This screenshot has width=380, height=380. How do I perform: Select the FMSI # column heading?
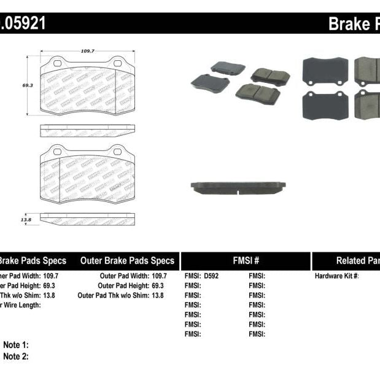point(246,261)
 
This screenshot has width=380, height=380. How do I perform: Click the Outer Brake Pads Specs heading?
point(127,261)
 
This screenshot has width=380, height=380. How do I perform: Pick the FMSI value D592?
point(211,276)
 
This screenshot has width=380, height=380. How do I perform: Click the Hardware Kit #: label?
point(336,276)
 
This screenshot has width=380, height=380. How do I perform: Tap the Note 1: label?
point(16,345)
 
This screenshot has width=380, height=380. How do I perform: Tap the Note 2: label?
point(16,357)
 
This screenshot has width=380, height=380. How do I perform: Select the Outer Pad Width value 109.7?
point(159,276)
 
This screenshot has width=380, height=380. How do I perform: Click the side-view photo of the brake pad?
point(238,187)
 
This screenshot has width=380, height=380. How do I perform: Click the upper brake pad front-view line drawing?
point(87,87)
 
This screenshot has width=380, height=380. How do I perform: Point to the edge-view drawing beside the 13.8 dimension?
point(87,219)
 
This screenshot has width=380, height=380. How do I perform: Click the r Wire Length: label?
point(20,305)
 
